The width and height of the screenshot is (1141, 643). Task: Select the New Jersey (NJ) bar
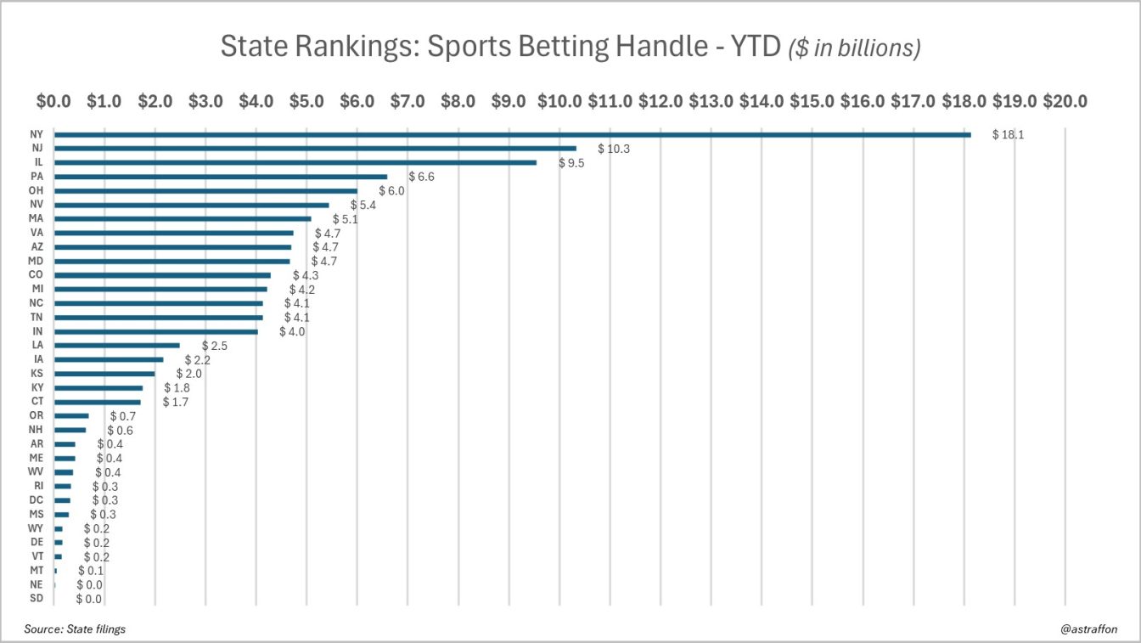315,149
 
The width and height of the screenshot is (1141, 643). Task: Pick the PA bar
220,177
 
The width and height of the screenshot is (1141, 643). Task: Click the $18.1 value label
1008,135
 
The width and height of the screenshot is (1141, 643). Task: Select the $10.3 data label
614,149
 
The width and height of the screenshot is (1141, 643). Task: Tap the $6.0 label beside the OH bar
391,191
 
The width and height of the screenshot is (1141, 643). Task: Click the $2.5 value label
214,346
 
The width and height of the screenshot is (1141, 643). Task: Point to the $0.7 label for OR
122,416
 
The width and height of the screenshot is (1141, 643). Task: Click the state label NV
37,205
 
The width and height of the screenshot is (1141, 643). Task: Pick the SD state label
37,599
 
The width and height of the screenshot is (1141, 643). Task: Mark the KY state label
37,387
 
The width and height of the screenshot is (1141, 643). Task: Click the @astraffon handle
1089,629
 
